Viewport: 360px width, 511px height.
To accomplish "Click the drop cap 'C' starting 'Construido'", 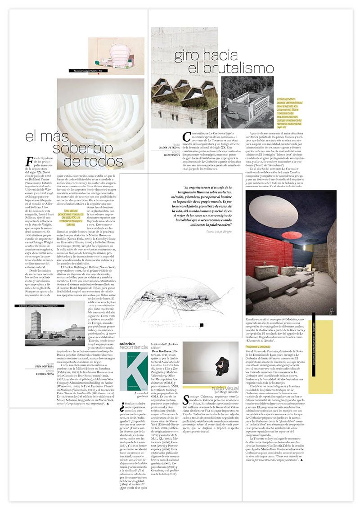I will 187,137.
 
